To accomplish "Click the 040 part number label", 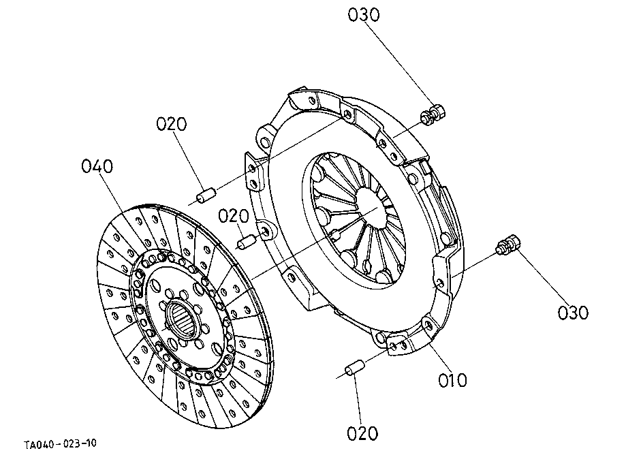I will click(x=97, y=166).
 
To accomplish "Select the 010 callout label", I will click(x=453, y=379).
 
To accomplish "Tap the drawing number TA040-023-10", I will click(x=60, y=445).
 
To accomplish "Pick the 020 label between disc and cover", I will click(x=234, y=216).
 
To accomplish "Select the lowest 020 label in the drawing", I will click(x=362, y=433).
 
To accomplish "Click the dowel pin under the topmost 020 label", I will click(x=206, y=195).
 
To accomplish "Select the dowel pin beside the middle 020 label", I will click(x=247, y=240).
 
